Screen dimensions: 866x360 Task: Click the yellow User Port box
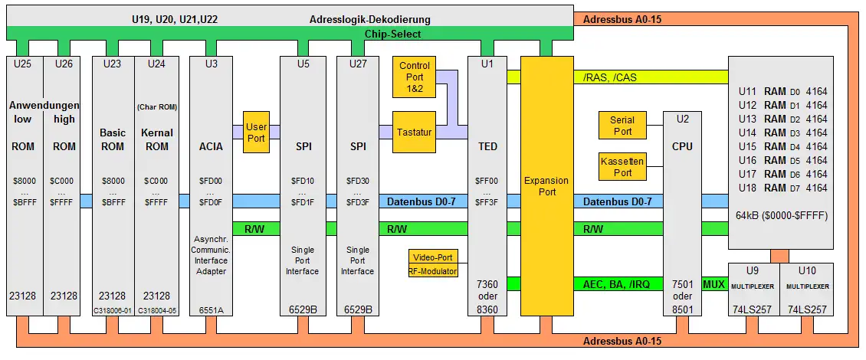point(256,132)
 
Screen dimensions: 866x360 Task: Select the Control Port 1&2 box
point(414,76)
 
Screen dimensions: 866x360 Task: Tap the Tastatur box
point(414,132)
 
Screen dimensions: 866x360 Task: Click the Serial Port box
point(622,126)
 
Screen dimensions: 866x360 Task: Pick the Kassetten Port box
point(622,167)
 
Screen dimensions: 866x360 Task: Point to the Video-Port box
point(434,257)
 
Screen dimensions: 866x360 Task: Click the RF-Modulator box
point(434,270)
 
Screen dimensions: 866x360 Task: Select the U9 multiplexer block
point(753,290)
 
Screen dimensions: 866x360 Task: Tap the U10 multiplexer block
point(806,290)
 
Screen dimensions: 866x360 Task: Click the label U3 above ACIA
point(211,64)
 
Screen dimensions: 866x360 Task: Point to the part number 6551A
point(211,309)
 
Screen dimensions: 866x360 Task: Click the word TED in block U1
point(487,146)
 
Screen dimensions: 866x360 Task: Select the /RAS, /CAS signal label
point(610,77)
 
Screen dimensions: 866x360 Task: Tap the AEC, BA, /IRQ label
point(616,284)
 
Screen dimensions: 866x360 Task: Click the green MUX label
point(713,284)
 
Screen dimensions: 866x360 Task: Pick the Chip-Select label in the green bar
point(393,34)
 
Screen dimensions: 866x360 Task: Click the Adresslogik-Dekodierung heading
point(370,19)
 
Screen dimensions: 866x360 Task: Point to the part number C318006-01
point(113,310)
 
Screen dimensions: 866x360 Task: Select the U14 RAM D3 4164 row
point(782,133)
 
